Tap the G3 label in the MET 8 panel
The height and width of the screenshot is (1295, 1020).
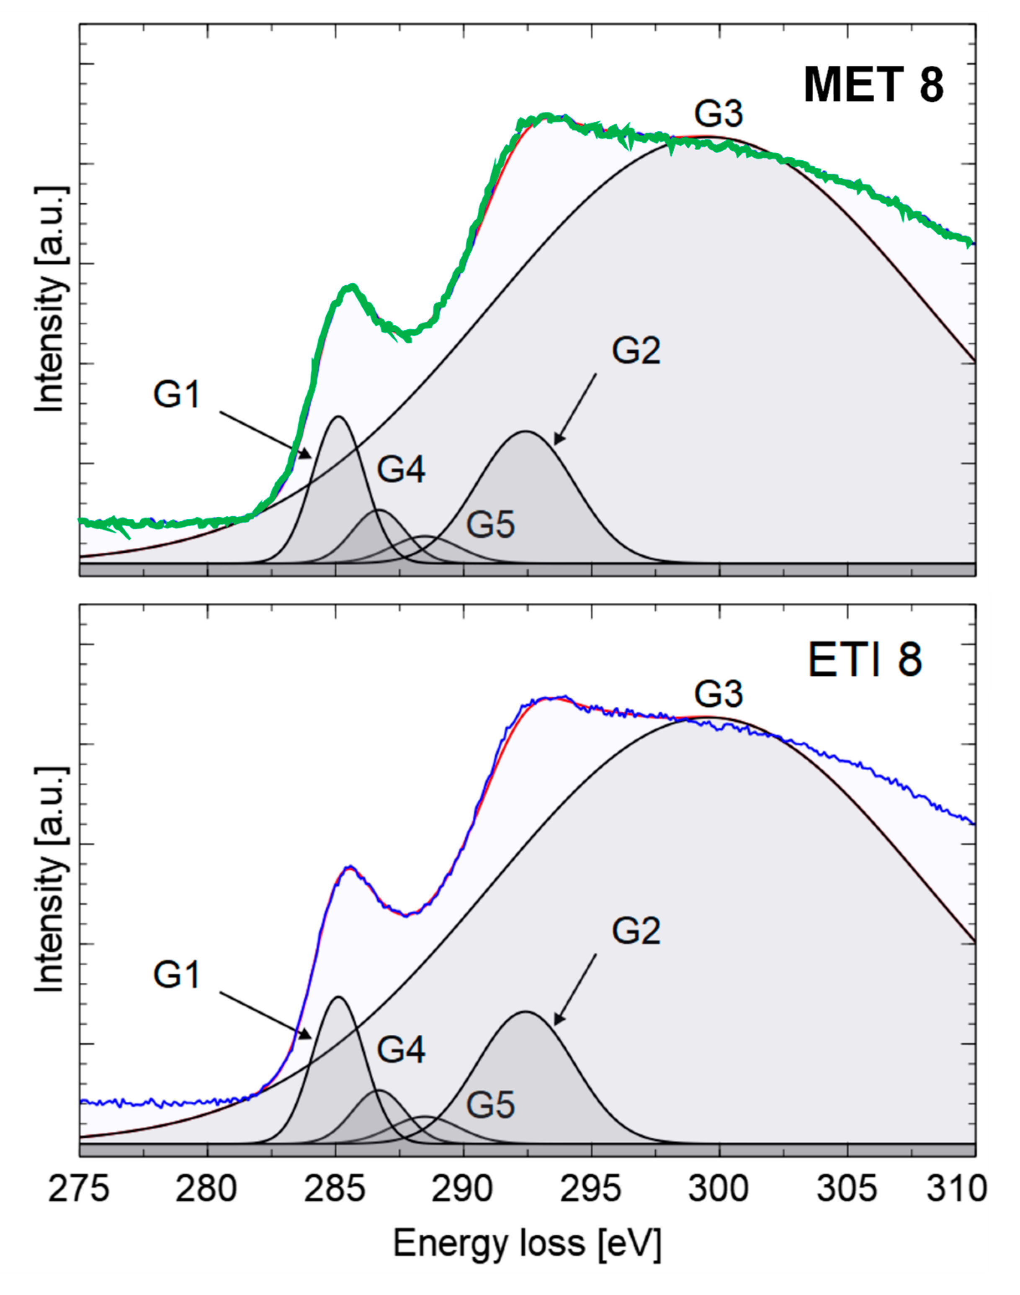[x=719, y=113]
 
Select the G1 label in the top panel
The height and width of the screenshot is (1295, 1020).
[x=176, y=395]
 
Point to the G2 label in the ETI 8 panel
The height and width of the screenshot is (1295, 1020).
[x=636, y=931]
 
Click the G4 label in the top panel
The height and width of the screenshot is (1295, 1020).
[x=401, y=469]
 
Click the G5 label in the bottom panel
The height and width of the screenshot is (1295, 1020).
[x=490, y=1105]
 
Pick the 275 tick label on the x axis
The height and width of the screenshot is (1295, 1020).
[x=79, y=1189]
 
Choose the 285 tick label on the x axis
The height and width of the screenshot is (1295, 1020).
[x=335, y=1189]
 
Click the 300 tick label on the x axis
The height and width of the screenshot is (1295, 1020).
[x=719, y=1189]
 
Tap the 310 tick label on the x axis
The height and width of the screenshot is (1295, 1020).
[x=956, y=1189]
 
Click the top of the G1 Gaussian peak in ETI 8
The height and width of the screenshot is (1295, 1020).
[x=339, y=997]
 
